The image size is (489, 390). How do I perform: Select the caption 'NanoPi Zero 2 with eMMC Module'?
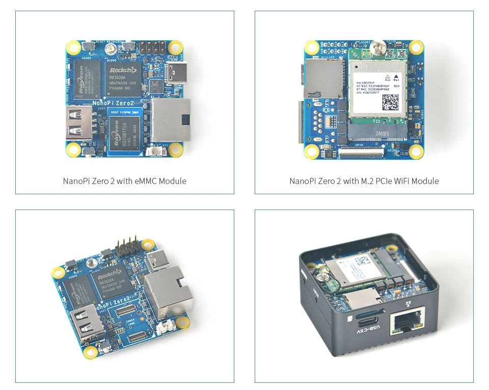125,181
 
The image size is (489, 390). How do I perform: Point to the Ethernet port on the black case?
408,321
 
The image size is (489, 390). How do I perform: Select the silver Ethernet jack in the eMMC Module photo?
171,120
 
